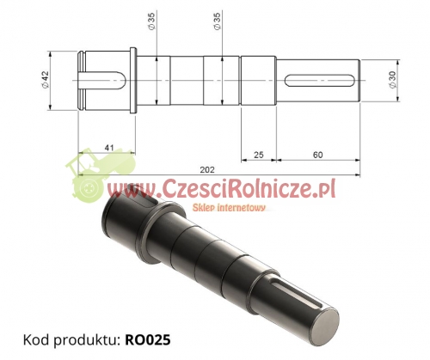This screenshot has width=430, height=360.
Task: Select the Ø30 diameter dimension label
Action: click(x=392, y=79)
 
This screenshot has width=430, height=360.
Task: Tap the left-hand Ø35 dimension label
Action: click(x=150, y=23)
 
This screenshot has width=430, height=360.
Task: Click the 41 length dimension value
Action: click(x=108, y=148)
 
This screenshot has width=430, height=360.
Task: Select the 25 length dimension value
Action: click(x=260, y=155)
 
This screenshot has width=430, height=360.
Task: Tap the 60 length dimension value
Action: click(x=318, y=155)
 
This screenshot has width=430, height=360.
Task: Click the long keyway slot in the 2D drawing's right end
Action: click(x=320, y=80)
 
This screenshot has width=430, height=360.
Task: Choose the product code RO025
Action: click(x=147, y=339)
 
